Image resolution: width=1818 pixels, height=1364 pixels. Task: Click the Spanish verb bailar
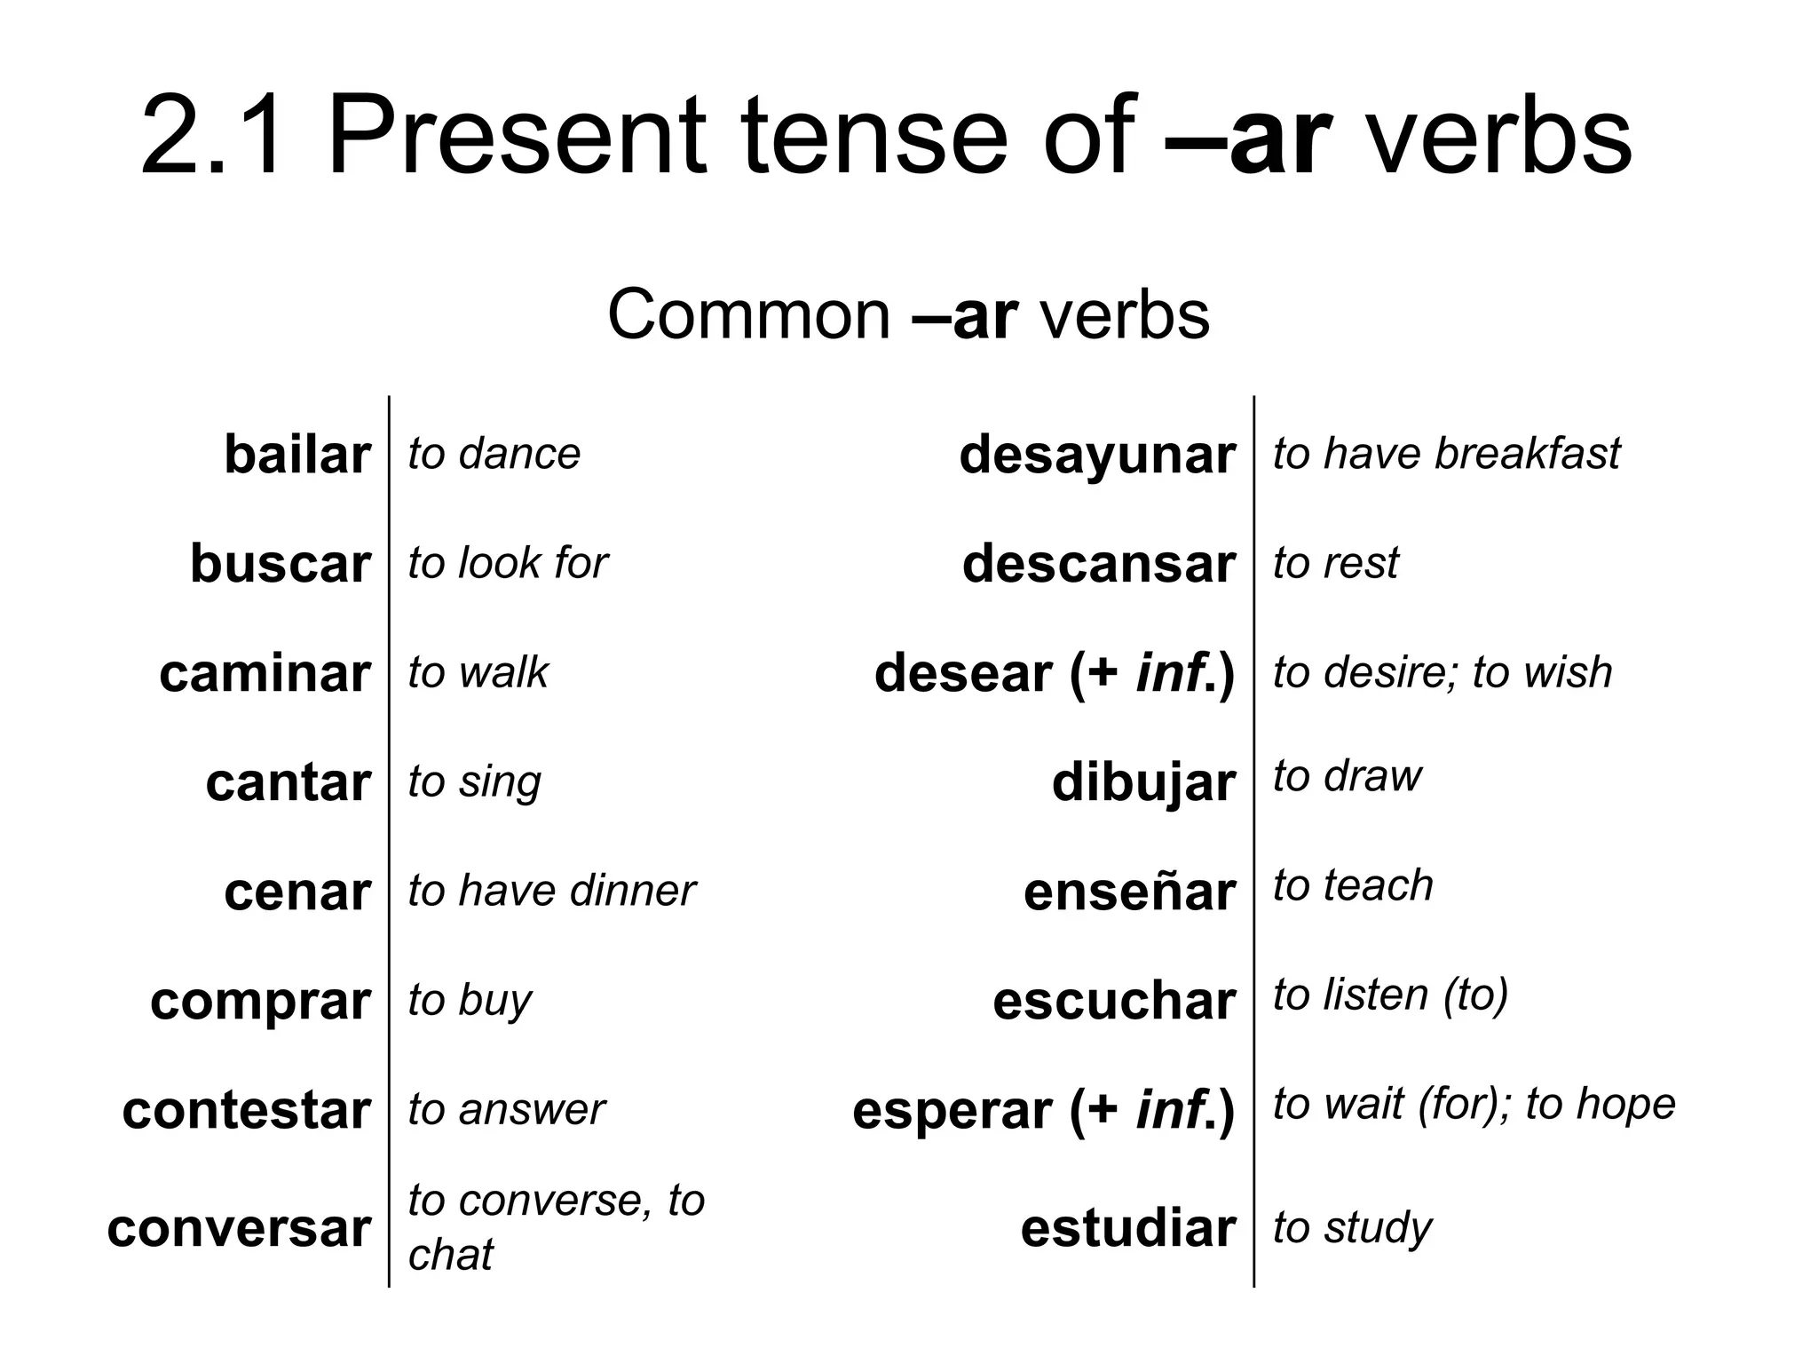point(296,455)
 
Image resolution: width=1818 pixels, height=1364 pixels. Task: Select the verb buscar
point(280,564)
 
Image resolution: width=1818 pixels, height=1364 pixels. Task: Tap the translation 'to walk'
point(478,672)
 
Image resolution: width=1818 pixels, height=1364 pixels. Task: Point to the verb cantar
point(288,782)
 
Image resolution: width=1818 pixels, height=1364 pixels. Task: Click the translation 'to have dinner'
point(551,891)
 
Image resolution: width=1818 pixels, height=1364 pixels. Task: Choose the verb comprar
point(260,1001)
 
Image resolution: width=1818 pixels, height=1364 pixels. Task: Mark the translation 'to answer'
point(506,1109)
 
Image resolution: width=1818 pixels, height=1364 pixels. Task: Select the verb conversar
point(238,1228)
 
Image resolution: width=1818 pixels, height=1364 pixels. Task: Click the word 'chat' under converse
point(450,1255)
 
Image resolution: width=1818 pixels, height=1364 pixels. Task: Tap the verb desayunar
point(1096,455)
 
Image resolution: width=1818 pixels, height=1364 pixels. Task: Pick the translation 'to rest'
point(1336,563)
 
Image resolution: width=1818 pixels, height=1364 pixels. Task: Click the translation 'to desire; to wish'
point(1443,672)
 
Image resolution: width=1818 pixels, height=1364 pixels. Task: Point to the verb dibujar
point(1143,782)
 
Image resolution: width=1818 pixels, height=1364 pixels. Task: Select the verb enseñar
point(1129,892)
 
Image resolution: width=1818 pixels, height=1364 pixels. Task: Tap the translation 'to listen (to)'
point(1390,995)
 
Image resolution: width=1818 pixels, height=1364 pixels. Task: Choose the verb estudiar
point(1127,1228)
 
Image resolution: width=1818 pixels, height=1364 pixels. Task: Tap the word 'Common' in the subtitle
point(748,314)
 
